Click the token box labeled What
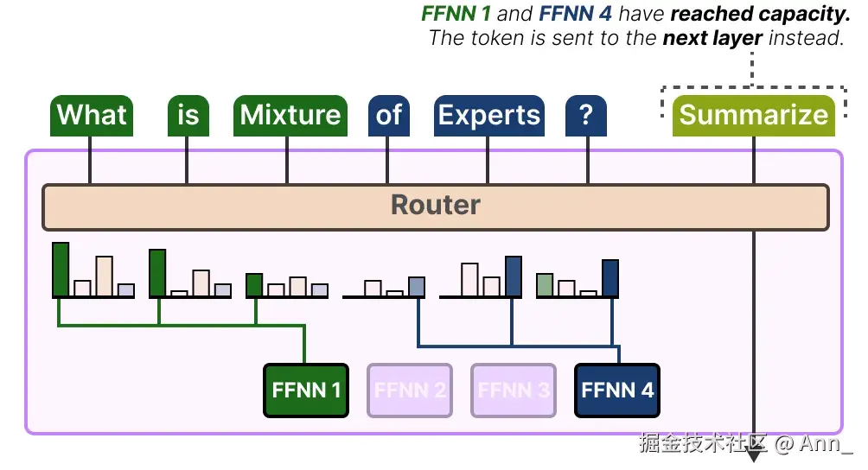(x=92, y=115)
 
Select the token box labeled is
(x=188, y=115)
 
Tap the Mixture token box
(x=290, y=115)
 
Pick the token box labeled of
(x=388, y=115)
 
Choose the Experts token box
(x=488, y=115)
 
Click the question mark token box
(x=586, y=115)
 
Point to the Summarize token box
(x=753, y=115)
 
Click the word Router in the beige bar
(x=435, y=206)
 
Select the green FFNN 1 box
(x=306, y=391)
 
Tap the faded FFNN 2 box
(x=410, y=391)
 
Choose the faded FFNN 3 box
(x=514, y=391)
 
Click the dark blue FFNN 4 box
(x=617, y=391)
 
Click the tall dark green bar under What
(x=61, y=270)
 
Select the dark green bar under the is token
(x=157, y=273)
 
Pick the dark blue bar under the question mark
(x=610, y=277)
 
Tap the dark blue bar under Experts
(x=514, y=276)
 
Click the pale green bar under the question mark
(x=545, y=285)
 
